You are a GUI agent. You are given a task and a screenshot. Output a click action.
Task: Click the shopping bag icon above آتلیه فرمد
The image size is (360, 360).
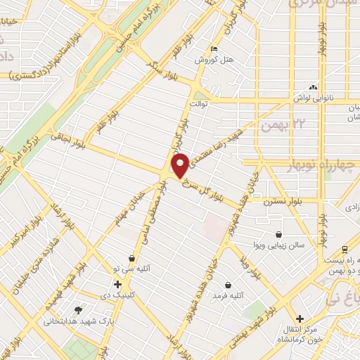[x=229, y=285]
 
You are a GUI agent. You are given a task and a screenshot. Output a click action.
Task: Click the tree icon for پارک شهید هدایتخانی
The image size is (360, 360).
[x=78, y=311]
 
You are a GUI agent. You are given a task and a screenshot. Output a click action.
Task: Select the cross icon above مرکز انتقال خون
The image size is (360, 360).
[x=300, y=319]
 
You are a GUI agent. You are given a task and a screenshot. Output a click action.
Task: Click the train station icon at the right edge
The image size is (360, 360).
[x=345, y=249]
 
